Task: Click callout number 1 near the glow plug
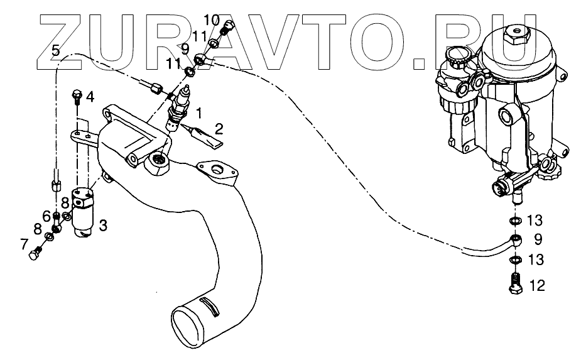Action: click(199, 113)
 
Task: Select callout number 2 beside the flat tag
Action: click(219, 130)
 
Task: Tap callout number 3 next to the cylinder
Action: click(103, 224)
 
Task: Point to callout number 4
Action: click(90, 97)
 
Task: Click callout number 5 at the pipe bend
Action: click(56, 51)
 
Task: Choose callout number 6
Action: click(46, 215)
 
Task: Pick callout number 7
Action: click(24, 243)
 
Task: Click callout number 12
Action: click(536, 286)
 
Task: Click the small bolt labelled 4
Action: click(77, 96)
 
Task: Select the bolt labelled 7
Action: click(35, 254)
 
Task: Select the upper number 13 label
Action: click(534, 221)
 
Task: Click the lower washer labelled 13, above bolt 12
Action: click(514, 259)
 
